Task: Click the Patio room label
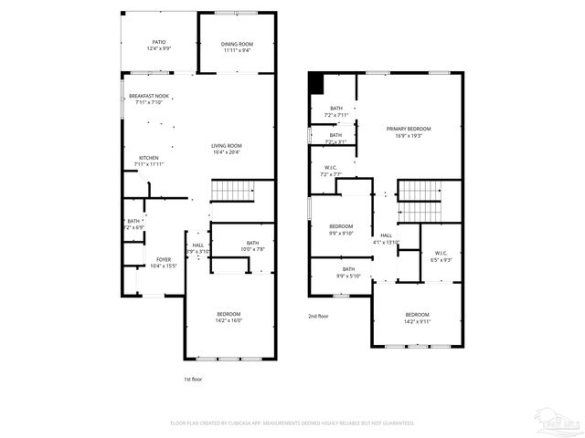[x=159, y=42]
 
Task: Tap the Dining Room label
[x=238, y=44]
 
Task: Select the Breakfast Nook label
[x=148, y=96]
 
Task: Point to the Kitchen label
[x=149, y=158]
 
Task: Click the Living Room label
[x=227, y=146]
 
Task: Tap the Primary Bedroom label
[x=408, y=129]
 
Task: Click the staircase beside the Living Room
[x=230, y=191]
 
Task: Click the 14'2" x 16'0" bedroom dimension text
[x=228, y=320]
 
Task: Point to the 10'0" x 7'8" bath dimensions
[x=252, y=249]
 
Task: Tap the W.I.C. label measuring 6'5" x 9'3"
[x=441, y=260]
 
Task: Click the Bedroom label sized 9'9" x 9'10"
[x=341, y=233]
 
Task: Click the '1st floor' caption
[x=194, y=378]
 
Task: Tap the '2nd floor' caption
[x=317, y=316]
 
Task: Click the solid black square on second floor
[x=316, y=83]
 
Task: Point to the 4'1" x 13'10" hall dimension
[x=387, y=242]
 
